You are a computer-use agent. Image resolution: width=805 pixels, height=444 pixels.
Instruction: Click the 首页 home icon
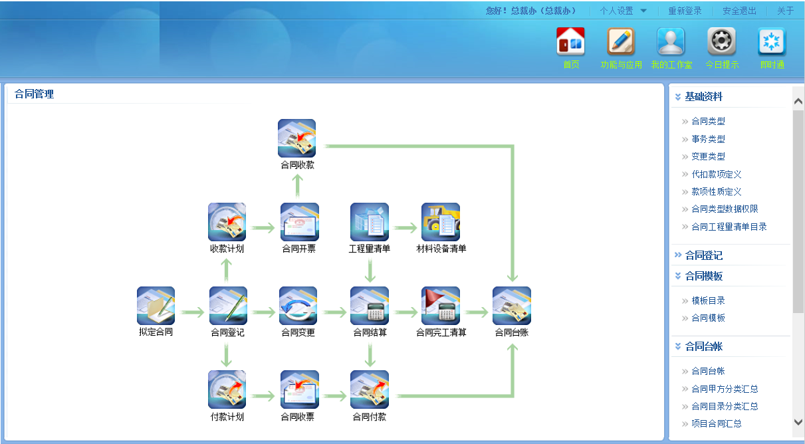570,42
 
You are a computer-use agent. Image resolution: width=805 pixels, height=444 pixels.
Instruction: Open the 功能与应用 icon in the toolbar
621,42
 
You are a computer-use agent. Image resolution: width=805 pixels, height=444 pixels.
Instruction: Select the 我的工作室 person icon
671,42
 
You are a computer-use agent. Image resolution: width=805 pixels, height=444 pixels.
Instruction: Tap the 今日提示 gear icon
721,42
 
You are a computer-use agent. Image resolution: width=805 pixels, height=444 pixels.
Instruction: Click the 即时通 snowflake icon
772,42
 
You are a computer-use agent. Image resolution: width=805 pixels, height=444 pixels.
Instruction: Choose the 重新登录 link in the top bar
685,11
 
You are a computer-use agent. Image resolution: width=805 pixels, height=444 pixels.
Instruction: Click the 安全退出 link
739,11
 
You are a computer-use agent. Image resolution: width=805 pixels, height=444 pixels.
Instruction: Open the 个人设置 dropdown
623,11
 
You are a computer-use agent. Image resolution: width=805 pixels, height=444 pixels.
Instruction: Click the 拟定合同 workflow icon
156,306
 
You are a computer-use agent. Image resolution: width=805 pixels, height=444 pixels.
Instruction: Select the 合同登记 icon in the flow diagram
227,306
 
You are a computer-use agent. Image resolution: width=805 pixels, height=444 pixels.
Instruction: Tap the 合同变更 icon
298,306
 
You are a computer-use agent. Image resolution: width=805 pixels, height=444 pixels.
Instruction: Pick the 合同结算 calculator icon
369,306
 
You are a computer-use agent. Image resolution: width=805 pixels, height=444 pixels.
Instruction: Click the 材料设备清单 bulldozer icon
441,222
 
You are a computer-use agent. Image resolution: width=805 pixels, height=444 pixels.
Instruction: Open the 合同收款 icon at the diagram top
296,138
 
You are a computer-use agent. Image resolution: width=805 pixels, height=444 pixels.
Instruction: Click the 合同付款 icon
369,389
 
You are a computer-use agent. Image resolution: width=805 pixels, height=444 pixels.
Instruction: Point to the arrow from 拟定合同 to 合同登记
192,312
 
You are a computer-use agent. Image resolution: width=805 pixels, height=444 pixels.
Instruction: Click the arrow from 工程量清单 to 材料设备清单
405,228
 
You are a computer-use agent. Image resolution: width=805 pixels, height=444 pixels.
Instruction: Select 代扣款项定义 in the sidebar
716,174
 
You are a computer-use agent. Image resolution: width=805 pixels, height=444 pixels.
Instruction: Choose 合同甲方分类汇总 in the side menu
725,389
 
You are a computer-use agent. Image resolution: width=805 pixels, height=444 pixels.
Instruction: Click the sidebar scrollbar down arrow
798,421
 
